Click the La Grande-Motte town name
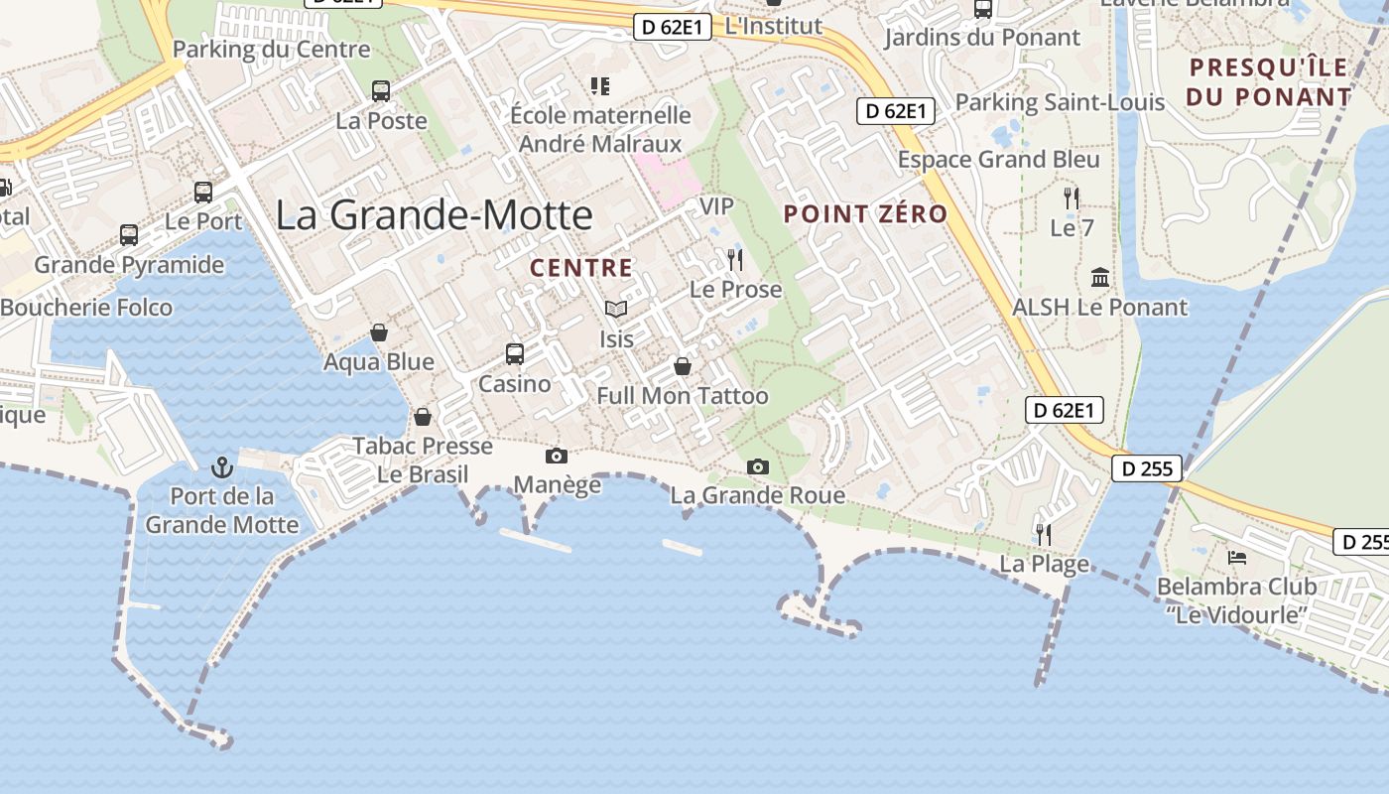[x=434, y=215]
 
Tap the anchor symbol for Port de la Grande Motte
[x=222, y=465]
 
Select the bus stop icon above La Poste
[x=381, y=91]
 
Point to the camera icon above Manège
[x=557, y=456]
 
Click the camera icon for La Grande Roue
[x=757, y=466]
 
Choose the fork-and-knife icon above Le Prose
[x=735, y=260]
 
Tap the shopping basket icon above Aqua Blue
[x=379, y=332]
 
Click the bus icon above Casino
[x=514, y=353]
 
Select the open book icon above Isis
[x=616, y=309]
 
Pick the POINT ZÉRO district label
[x=865, y=213]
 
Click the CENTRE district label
[x=580, y=267]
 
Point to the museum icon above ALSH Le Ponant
[x=1099, y=277]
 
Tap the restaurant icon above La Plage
[x=1043, y=534]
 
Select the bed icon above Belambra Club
[x=1236, y=557]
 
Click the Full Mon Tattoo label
[x=682, y=396]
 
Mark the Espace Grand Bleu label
[x=998, y=160]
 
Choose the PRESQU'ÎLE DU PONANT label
[x=1269, y=82]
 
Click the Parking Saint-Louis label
[x=1059, y=102]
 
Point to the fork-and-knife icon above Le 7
[x=1072, y=198]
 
